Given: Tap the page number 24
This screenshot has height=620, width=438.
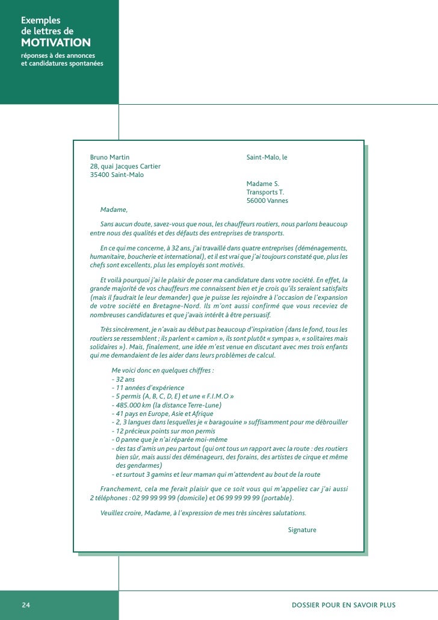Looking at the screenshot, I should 26,605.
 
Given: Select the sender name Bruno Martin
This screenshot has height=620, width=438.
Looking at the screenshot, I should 109,157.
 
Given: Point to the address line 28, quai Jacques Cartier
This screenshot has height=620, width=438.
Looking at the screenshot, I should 125,166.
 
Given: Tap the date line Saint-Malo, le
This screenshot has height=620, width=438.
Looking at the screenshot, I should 267,157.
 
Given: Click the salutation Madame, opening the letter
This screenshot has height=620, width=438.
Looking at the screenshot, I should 114,209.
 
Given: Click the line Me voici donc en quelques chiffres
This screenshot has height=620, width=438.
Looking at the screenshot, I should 163,370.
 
